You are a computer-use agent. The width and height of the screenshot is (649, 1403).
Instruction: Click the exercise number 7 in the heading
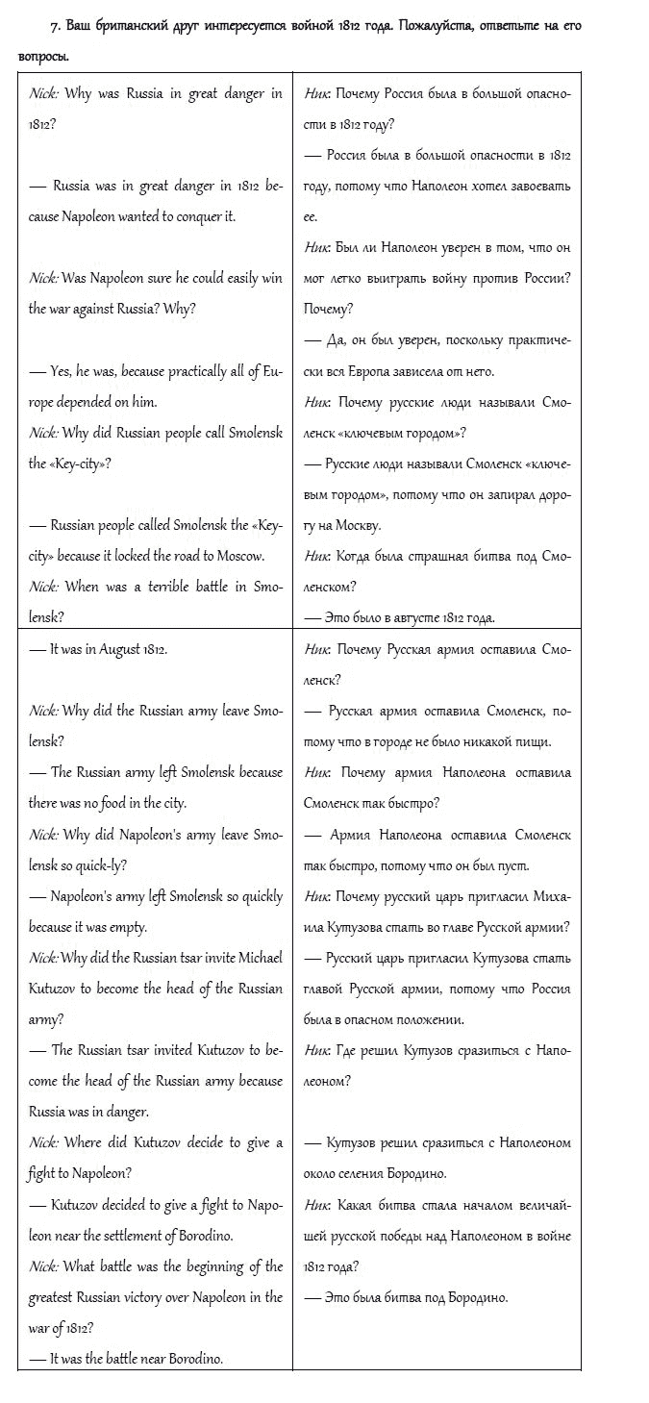coord(54,25)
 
